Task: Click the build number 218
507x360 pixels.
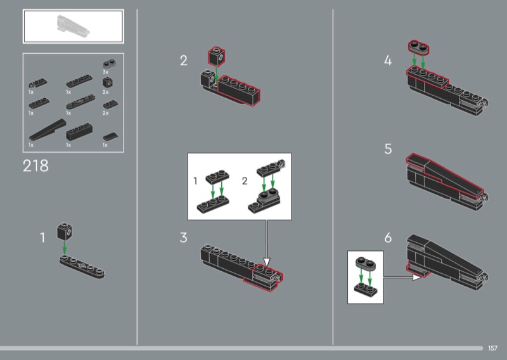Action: (x=35, y=165)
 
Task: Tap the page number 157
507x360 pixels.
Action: (x=492, y=348)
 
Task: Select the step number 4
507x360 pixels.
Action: (x=388, y=60)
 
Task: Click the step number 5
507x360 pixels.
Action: (x=388, y=149)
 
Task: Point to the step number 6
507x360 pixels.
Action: (x=388, y=238)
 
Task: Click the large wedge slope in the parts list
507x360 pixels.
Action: (x=47, y=130)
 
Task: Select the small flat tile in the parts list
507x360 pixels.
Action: (x=110, y=136)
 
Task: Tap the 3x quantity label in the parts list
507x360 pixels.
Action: (x=105, y=72)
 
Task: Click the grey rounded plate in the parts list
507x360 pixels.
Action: (x=109, y=63)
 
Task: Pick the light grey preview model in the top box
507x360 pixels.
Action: (x=73, y=27)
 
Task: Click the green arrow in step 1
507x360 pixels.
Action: (x=65, y=247)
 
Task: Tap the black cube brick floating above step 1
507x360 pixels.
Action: (x=65, y=231)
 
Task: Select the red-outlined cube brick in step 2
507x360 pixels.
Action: (x=216, y=56)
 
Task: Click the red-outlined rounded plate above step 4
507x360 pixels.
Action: (x=418, y=48)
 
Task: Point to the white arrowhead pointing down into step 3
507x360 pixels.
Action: (x=266, y=262)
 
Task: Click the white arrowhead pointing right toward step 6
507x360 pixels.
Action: (x=417, y=277)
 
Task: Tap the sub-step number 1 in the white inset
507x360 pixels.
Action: (x=195, y=181)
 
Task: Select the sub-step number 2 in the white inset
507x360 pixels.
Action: (x=245, y=181)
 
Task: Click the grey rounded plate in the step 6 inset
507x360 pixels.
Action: (x=366, y=264)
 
